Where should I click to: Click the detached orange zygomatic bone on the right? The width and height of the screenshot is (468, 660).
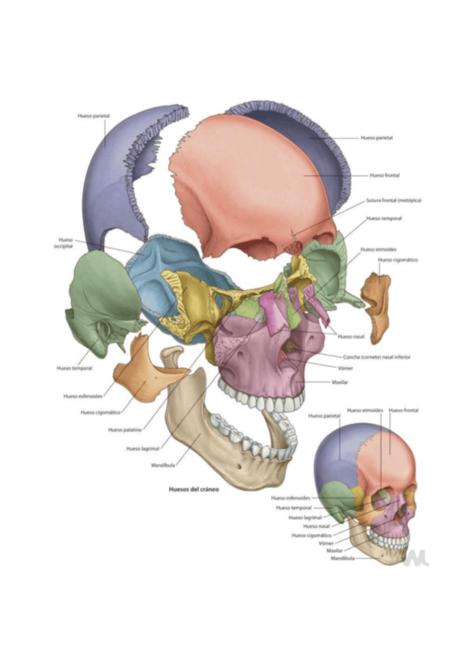(x=378, y=307)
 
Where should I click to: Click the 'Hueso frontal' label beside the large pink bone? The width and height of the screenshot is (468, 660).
(x=385, y=175)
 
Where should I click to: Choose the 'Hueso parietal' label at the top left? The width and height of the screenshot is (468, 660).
(x=93, y=115)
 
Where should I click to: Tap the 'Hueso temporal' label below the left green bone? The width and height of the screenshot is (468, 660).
(x=75, y=367)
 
